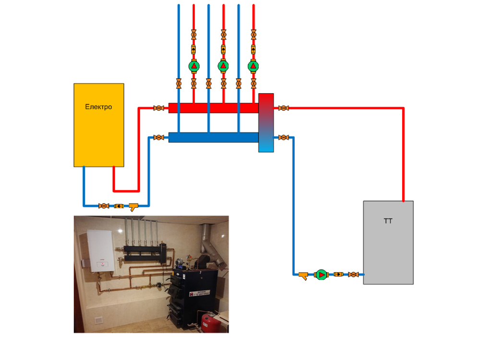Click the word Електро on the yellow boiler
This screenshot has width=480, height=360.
click(98, 107)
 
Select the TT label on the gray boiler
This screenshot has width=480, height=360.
click(388, 221)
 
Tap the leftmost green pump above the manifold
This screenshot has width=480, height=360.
click(193, 66)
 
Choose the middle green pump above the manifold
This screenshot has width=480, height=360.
click(223, 66)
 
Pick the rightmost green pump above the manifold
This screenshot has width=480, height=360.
click(253, 66)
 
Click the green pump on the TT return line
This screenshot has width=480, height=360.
click(321, 275)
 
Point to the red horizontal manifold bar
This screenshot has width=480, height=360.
click(213, 108)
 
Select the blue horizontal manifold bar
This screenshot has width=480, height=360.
click(213, 138)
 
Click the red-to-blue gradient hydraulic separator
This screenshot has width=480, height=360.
click(266, 123)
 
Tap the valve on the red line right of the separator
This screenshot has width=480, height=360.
click(284, 108)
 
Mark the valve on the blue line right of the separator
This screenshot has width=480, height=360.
click(284, 138)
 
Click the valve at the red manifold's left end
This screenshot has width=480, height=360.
click(158, 108)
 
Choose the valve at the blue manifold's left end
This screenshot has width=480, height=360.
click(158, 138)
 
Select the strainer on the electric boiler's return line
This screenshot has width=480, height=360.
click(133, 206)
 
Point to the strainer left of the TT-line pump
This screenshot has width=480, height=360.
click(303, 275)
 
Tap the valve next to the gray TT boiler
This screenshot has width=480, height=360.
click(354, 275)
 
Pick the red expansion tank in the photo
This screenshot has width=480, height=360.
click(210, 321)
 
